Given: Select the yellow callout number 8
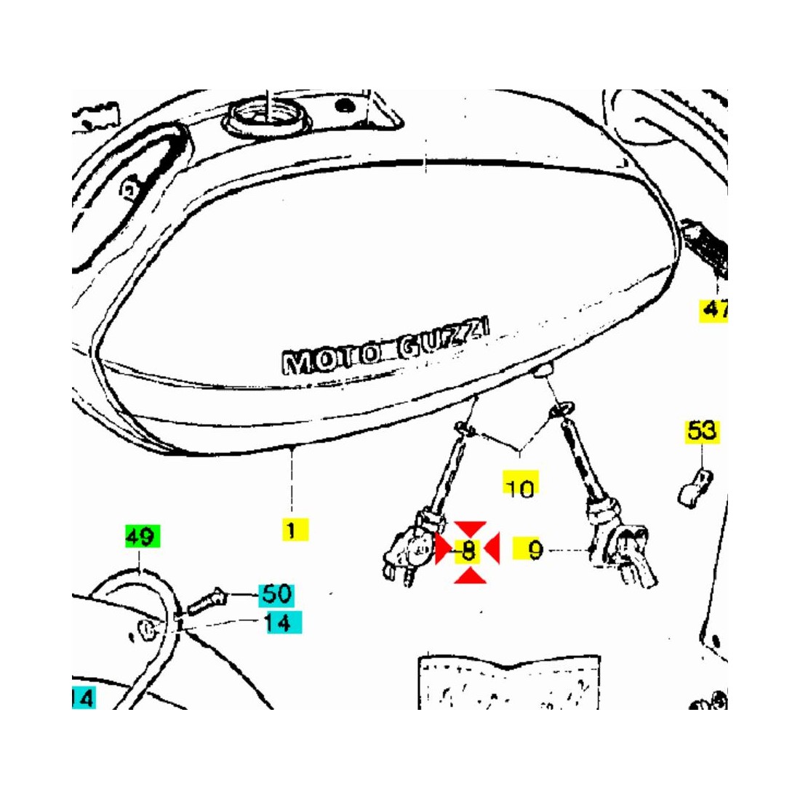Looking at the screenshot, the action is click(x=468, y=550).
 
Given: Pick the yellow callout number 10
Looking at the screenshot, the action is click(x=521, y=484).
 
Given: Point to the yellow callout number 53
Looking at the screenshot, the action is click(x=702, y=431).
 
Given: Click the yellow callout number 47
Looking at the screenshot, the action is click(x=713, y=310).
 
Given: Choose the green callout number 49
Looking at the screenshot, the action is click(x=143, y=536).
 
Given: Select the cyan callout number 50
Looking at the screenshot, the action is click(x=276, y=594).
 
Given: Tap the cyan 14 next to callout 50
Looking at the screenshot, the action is click(x=284, y=623).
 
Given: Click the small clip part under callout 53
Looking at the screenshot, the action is click(x=695, y=488).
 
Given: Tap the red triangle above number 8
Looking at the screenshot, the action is click(x=470, y=529).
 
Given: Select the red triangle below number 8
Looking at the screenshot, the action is click(x=470, y=575).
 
